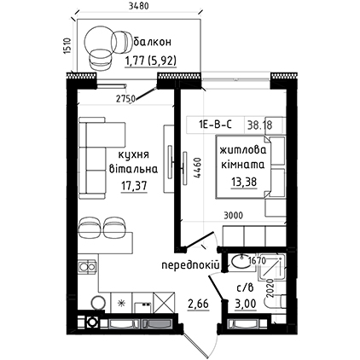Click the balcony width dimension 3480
138,6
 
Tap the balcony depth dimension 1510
67,45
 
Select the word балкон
153,42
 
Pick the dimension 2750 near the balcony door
125,99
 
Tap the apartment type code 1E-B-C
215,125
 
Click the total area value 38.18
259,125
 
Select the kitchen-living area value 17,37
134,186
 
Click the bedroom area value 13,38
244,182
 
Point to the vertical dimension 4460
198,168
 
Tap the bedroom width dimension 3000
233,216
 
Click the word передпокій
190,265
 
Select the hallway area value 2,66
198,304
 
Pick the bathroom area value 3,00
245,304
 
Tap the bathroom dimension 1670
257,260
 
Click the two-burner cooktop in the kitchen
87,267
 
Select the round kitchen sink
98,303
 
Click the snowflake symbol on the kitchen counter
122,304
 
